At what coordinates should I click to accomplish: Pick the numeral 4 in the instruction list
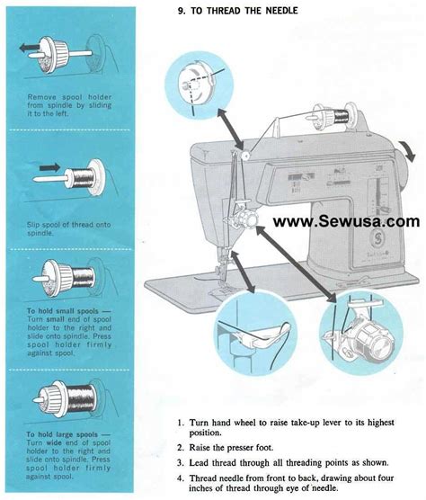click(181, 477)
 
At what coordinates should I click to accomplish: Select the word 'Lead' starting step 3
click(201, 462)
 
